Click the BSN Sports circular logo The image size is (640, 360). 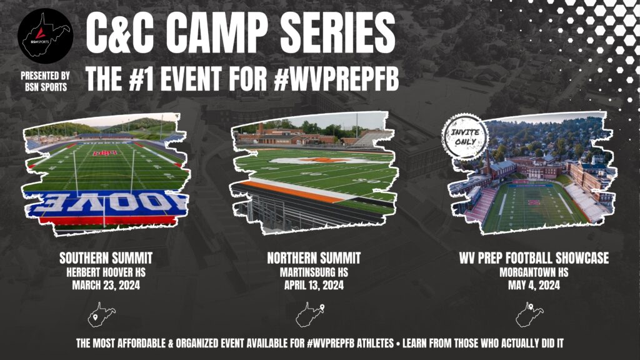(45, 36)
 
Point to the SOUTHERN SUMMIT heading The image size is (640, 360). (106, 258)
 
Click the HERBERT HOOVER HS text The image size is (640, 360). (106, 272)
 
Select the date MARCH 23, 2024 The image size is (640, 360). (106, 286)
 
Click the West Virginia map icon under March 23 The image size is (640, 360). (100, 315)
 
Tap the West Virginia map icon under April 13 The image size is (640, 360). (312, 314)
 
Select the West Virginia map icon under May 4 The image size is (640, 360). (529, 315)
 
